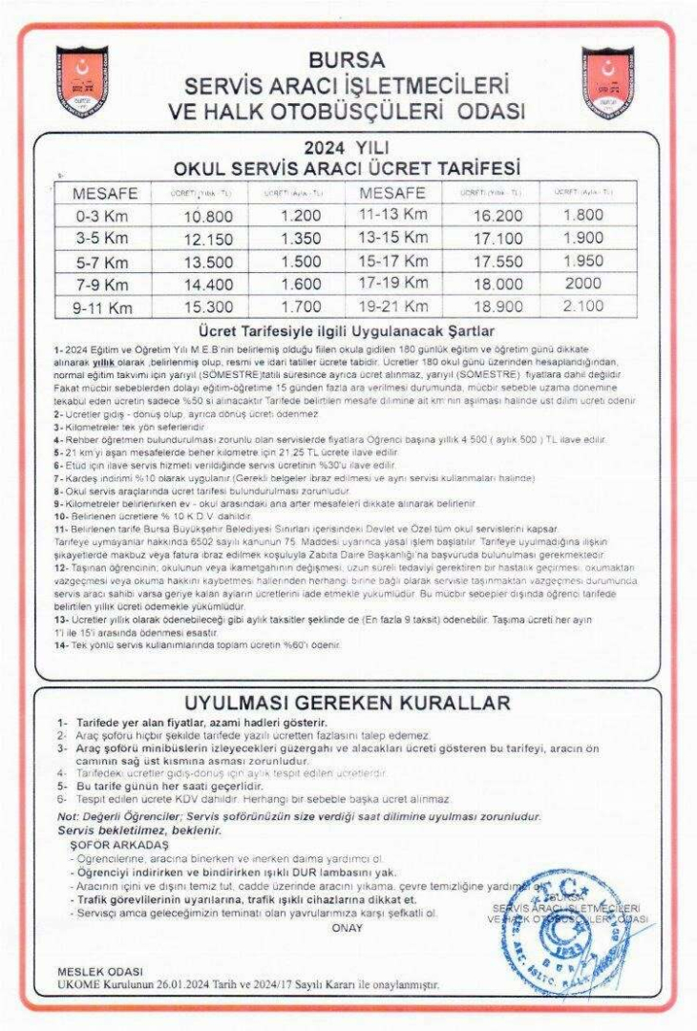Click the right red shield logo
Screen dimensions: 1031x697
pos(609,82)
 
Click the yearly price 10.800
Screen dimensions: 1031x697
pos(207,217)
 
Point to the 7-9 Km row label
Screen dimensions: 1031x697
pos(102,284)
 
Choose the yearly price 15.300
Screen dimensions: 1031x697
pos(207,307)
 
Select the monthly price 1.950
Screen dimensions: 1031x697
pos(583,261)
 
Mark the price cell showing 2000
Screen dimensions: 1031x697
pos(583,284)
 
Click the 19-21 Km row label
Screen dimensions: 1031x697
pos(393,306)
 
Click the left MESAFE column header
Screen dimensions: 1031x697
pos(106,194)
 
